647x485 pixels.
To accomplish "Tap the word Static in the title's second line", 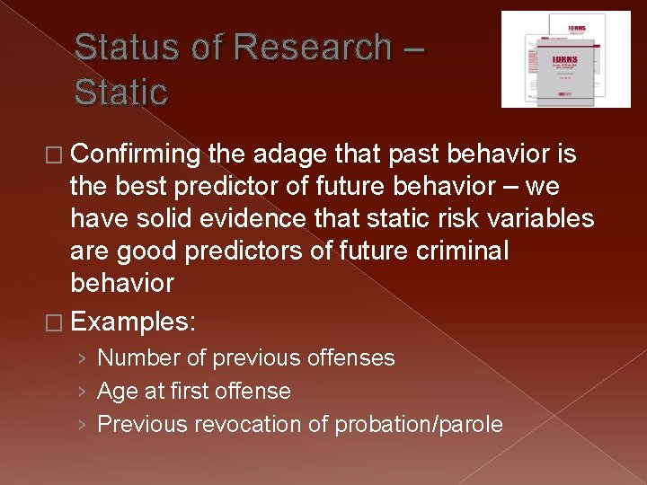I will click(120, 92).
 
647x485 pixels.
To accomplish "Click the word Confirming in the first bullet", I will click(135, 155).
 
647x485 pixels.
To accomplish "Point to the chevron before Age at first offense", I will click(82, 392).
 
